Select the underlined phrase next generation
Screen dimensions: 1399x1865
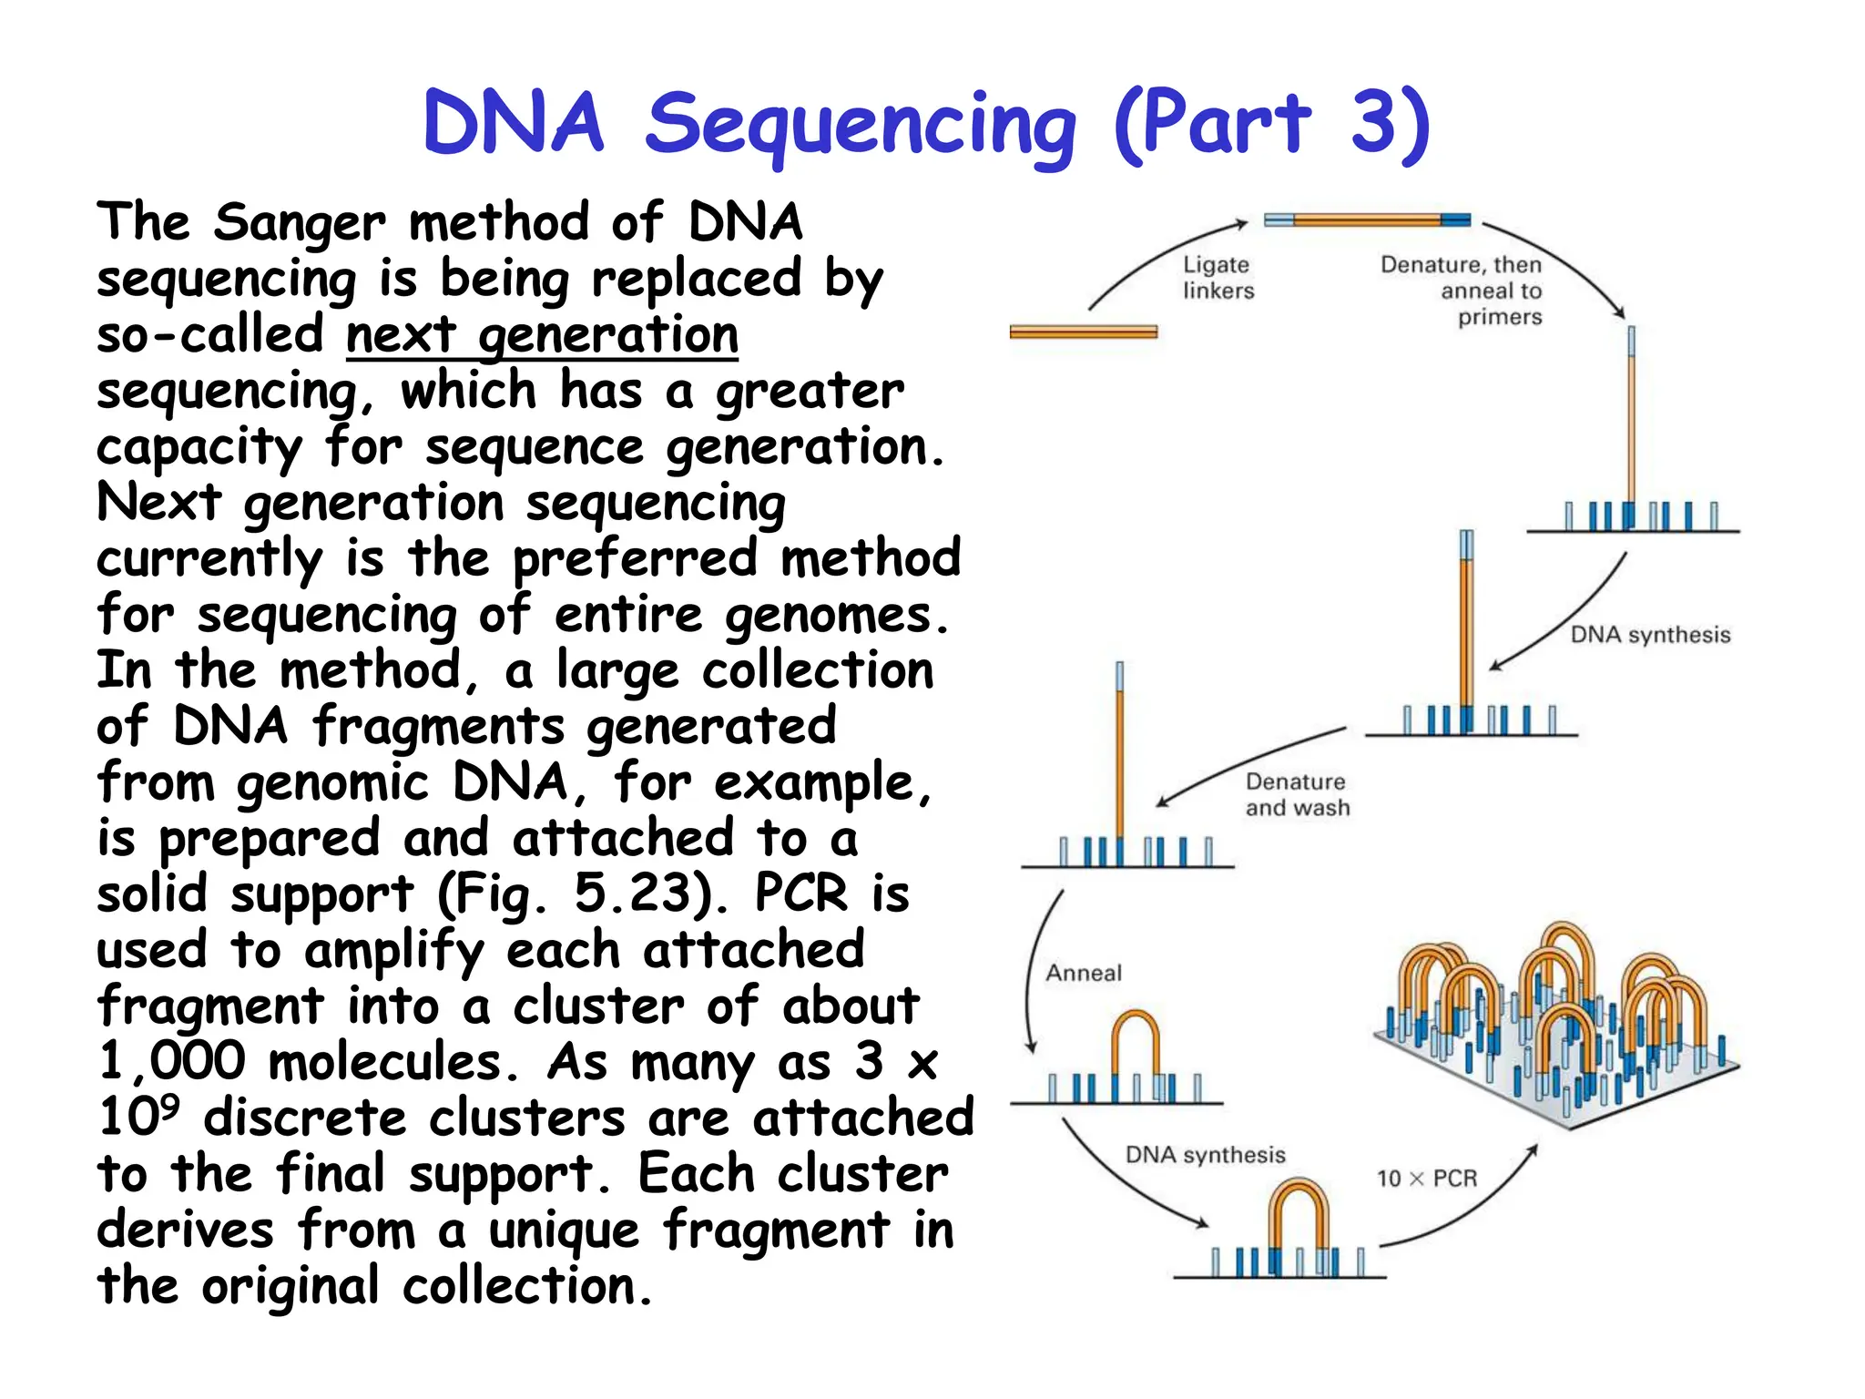coord(542,335)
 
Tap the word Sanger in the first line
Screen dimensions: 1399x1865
coord(299,222)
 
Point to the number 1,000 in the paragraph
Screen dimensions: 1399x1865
coord(171,1062)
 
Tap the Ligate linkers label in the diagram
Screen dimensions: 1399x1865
coord(1218,277)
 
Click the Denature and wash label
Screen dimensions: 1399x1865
coord(1297,794)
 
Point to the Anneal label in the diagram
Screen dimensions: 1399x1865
coord(1083,973)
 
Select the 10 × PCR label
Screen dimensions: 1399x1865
coord(1426,1179)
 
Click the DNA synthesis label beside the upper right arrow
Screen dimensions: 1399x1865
coord(1649,635)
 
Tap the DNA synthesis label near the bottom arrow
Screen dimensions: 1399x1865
coord(1205,1155)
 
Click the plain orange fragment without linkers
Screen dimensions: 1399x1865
coord(1083,332)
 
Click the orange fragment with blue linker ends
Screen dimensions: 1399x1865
coord(1366,220)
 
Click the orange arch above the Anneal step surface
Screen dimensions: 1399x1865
coord(1135,1029)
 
